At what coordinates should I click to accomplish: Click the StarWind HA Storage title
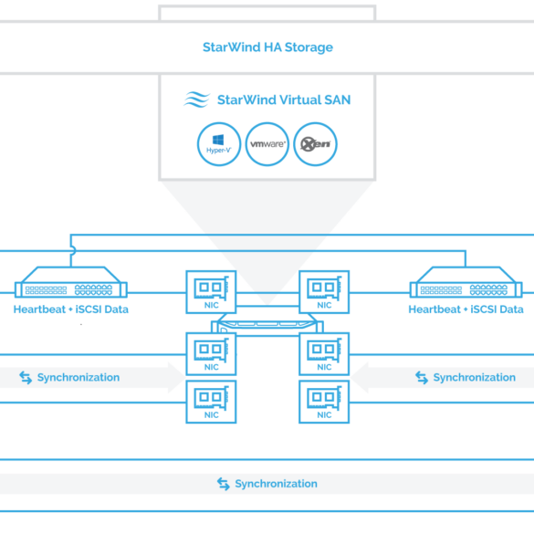pos(267,47)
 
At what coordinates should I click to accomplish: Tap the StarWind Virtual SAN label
pos(284,99)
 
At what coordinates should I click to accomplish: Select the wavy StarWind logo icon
pos(196,99)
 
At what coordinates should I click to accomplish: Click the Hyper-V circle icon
pos(219,144)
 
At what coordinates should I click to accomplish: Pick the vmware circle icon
pos(267,144)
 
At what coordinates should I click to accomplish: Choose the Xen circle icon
pos(315,144)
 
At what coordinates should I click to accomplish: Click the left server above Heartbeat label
pos(71,282)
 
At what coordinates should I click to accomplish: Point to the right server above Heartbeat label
pos(466,282)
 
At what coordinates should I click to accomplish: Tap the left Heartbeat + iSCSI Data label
pos(71,309)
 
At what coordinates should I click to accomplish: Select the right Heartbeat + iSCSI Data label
pos(466,309)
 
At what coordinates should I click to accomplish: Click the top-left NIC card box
pos(211,292)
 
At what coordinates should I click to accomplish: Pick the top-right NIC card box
pos(324,292)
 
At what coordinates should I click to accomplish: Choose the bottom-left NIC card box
pos(211,402)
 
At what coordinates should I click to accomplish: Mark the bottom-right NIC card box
pos(324,402)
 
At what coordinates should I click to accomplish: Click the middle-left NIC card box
pos(211,354)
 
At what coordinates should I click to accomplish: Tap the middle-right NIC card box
pos(324,354)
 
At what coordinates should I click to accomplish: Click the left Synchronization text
pos(79,377)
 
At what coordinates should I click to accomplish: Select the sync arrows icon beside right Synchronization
pos(422,378)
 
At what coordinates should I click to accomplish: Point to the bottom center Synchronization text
pos(277,484)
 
